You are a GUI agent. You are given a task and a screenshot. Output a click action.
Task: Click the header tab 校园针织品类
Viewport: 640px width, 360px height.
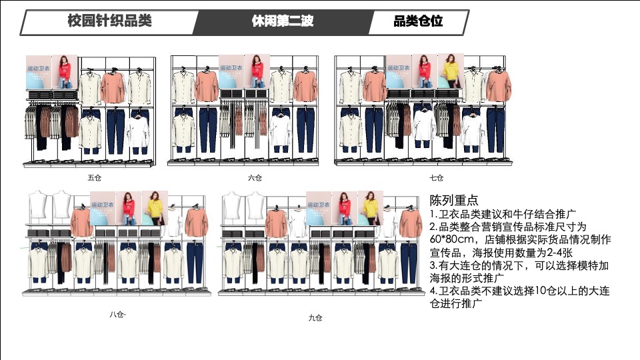click(110, 21)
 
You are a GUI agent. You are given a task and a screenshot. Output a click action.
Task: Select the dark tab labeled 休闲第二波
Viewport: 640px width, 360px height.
click(282, 21)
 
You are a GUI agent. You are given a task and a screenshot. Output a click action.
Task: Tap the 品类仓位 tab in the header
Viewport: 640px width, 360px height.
click(418, 21)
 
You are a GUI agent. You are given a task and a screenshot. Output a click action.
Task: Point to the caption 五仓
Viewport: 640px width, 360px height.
click(95, 178)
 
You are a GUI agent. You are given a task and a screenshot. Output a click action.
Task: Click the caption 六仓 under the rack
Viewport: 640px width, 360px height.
click(255, 178)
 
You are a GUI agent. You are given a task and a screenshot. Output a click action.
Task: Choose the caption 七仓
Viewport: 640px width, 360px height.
click(436, 178)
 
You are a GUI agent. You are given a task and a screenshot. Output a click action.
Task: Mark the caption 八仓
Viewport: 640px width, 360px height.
click(117, 314)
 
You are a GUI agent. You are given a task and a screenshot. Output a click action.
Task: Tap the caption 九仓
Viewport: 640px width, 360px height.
click(315, 317)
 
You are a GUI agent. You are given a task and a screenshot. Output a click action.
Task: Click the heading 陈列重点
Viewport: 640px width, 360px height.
click(454, 200)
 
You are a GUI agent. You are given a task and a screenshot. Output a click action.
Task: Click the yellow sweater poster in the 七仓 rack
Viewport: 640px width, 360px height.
click(450, 71)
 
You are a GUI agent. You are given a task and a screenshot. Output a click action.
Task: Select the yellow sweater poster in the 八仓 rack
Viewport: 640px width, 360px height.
click(155, 207)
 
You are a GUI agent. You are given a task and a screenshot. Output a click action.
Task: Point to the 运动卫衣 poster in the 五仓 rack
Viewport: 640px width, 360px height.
click(39, 72)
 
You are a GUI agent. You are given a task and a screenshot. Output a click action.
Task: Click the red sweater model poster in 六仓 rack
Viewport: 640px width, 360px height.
click(257, 71)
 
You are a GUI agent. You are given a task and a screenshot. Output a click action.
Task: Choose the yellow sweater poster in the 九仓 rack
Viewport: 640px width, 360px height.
click(370, 207)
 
